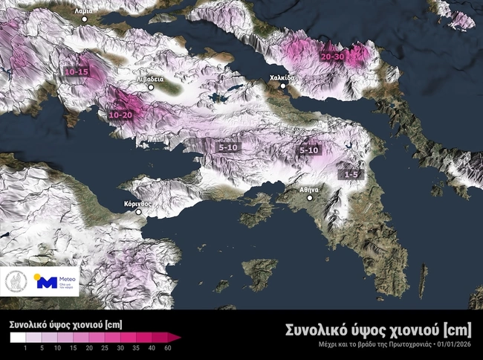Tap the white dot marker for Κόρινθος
coord(137,212)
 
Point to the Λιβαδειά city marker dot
coord(150,88)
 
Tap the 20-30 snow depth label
coord(332,57)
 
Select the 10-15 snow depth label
coord(77,71)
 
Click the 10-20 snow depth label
coord(120,115)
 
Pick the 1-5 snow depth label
coord(351,173)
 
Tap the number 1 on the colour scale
coord(25,348)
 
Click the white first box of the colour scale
coord(18,337)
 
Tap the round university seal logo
coord(16,282)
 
